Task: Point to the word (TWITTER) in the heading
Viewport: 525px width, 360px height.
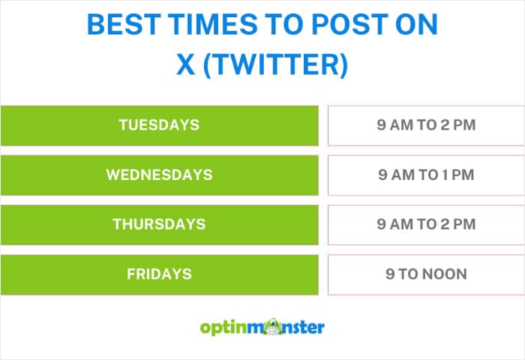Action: [277, 65]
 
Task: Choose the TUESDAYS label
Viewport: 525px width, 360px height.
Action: [159, 125]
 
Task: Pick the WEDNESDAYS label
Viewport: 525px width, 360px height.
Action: [159, 175]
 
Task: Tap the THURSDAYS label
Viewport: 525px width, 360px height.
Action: [159, 224]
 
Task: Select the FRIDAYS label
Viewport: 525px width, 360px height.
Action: [159, 274]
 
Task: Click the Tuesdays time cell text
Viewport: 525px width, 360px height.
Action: [426, 125]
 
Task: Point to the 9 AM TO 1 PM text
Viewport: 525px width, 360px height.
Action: [426, 175]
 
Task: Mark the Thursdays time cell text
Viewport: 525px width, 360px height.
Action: [426, 224]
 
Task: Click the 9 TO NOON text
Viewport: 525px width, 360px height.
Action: [426, 274]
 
